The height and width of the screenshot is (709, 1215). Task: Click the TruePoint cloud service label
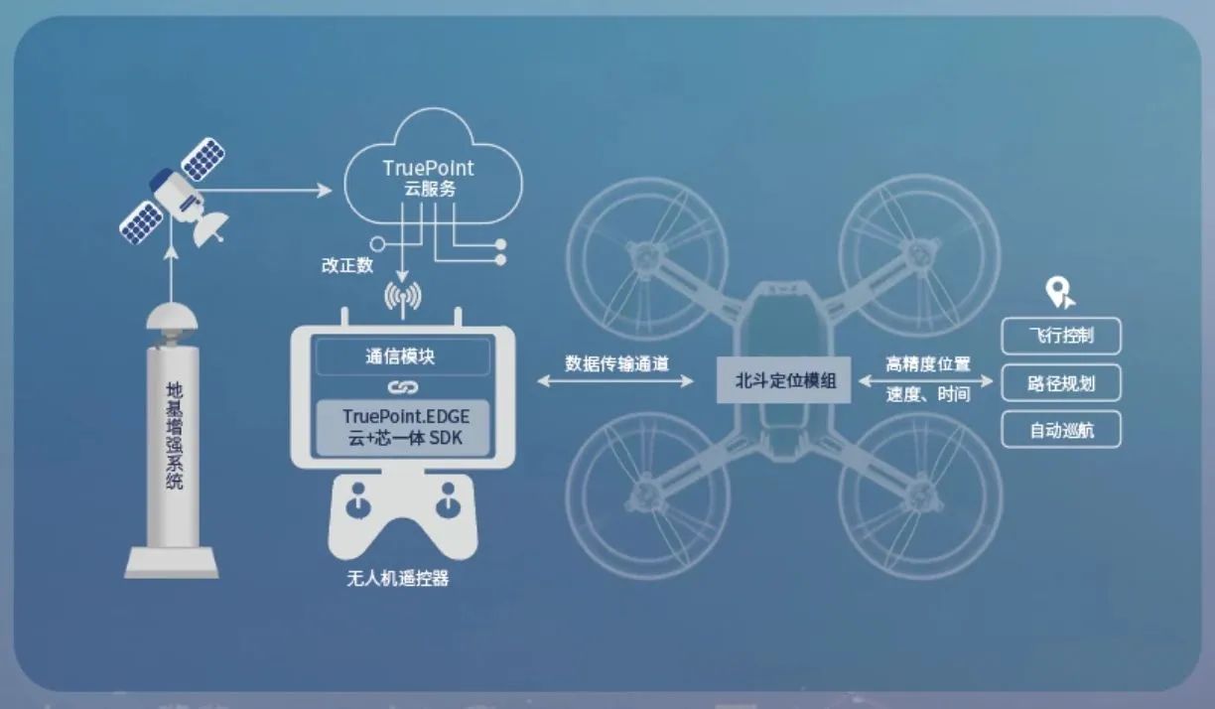click(x=429, y=178)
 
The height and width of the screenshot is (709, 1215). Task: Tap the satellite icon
click(x=174, y=193)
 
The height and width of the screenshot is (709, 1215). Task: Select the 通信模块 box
click(x=402, y=356)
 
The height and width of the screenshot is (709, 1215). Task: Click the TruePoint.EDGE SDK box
click(x=403, y=427)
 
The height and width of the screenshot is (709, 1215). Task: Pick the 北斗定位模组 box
click(x=784, y=380)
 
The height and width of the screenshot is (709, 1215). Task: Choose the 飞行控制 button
click(x=1061, y=336)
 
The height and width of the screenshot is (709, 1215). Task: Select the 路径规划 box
click(x=1061, y=383)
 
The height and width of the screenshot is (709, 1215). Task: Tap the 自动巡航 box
click(x=1061, y=430)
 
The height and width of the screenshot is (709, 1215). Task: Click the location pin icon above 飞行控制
click(x=1060, y=293)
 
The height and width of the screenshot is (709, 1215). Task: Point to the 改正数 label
click(x=347, y=265)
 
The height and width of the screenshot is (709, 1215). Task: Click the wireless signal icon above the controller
click(x=402, y=298)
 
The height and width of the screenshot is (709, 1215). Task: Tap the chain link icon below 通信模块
click(x=402, y=387)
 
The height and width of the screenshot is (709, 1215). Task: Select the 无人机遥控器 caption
click(x=398, y=578)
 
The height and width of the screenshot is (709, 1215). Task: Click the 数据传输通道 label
click(x=616, y=363)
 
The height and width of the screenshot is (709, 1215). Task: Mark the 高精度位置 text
click(x=928, y=364)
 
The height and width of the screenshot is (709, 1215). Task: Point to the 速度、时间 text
click(x=928, y=394)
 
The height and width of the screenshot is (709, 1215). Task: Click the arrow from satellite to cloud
click(x=263, y=190)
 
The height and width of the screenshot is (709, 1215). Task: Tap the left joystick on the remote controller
click(x=357, y=500)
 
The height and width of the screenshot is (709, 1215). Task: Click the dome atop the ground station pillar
click(x=172, y=317)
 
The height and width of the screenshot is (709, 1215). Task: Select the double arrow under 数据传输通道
click(x=615, y=381)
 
